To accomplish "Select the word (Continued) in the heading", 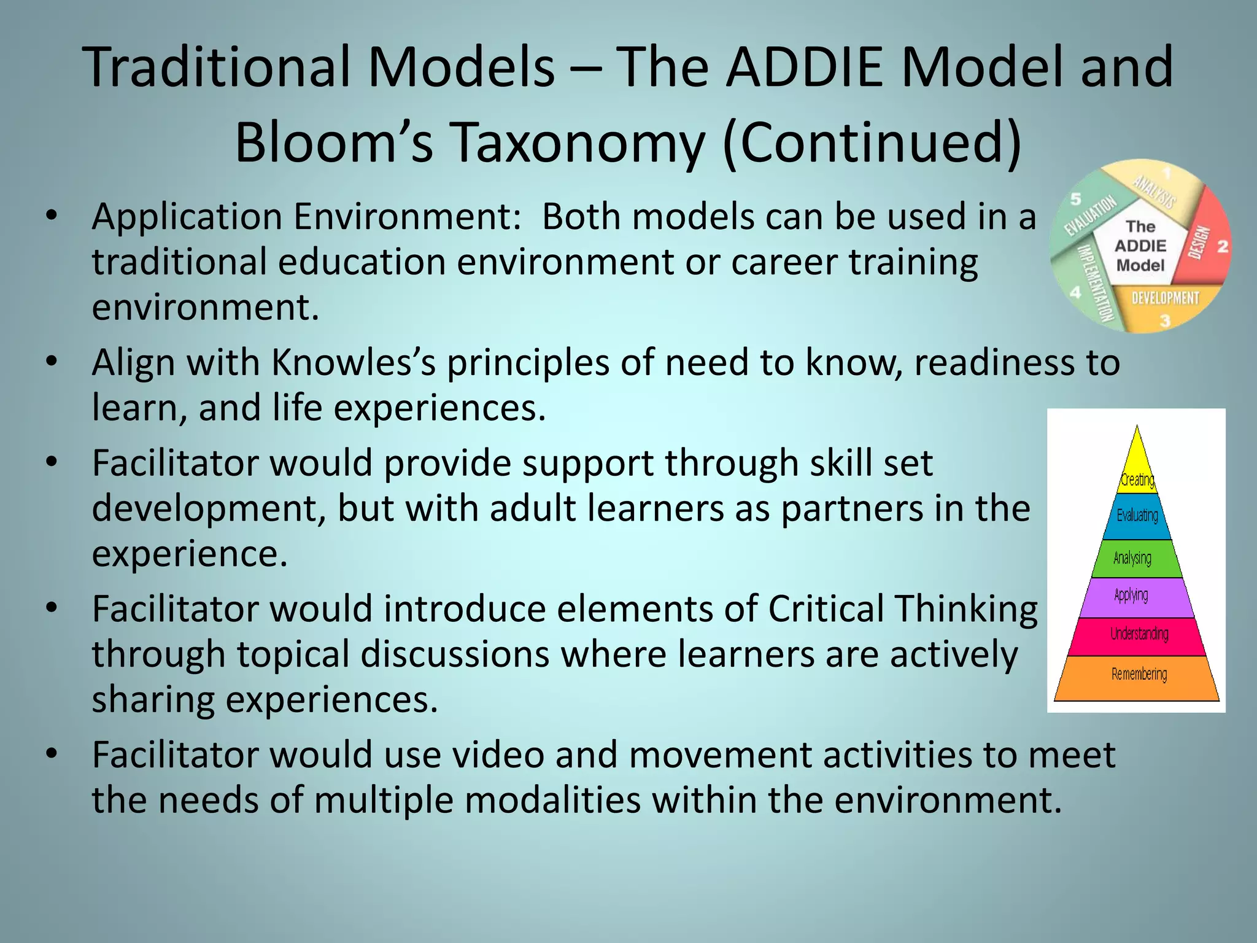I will click(872, 142).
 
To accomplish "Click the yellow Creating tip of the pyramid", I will click(1137, 470).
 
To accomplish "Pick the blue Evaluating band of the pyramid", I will click(1137, 516).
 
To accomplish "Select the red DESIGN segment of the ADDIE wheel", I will click(1206, 239).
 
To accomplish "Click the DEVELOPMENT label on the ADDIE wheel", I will click(1165, 298).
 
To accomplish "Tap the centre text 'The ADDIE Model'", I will click(1140, 246).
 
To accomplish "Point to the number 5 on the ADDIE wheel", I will click(1076, 199).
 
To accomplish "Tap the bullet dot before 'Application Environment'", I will click(52, 215).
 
